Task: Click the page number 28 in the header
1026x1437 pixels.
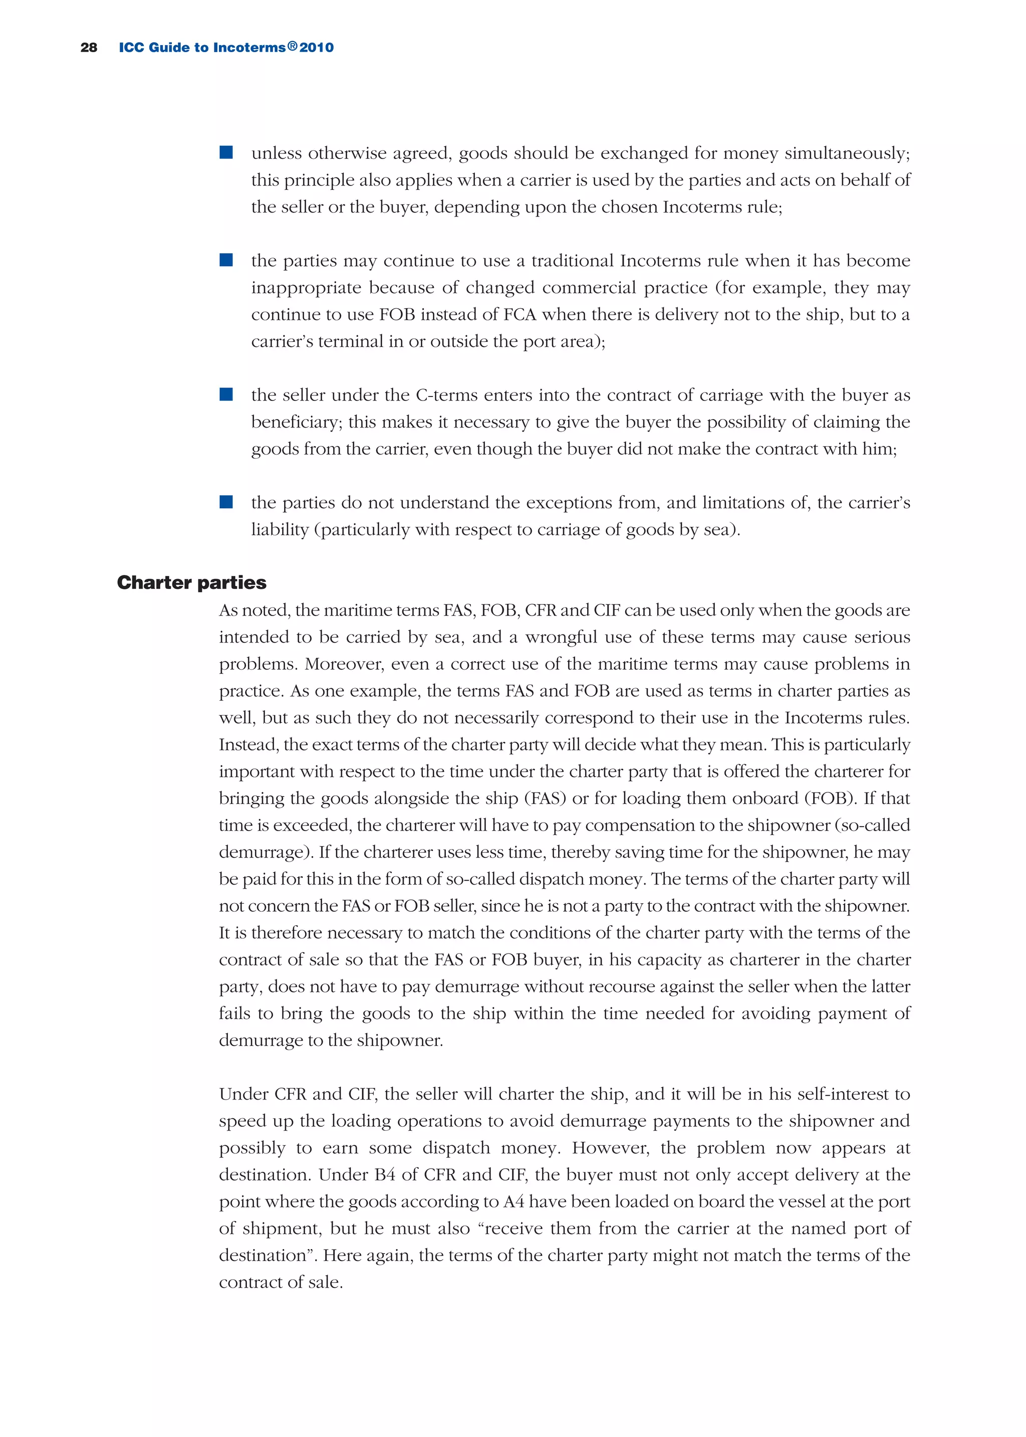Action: tap(89, 48)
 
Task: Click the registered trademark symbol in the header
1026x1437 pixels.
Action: tap(292, 46)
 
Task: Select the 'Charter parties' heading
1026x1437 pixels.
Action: tap(191, 582)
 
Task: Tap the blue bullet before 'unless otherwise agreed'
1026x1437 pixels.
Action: tap(226, 152)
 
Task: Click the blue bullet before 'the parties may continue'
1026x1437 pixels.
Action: tap(226, 260)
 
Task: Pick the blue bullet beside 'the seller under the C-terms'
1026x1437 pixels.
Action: tap(226, 394)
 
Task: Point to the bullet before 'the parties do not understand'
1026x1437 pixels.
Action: tap(226, 502)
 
